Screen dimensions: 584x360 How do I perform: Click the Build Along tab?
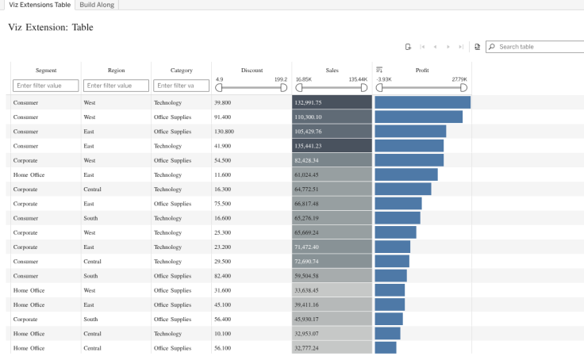coord(97,5)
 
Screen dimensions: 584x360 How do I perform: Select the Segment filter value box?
coord(46,86)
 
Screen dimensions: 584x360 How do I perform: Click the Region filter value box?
coord(116,86)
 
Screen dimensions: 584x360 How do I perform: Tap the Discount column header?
coord(252,70)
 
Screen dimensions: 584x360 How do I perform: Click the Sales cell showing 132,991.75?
coord(332,102)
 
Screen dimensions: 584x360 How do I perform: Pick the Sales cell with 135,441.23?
coord(332,146)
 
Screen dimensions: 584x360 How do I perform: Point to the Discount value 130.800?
coord(225,132)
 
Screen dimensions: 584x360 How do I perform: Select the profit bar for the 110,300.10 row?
coord(419,117)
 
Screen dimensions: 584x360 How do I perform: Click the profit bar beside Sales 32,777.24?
coord(386,348)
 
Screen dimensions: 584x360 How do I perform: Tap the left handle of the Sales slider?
coord(298,88)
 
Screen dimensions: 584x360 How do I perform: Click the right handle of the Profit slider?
coord(463,88)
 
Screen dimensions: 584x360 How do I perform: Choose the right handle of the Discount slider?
coord(284,88)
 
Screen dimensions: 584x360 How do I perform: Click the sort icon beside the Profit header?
coord(379,70)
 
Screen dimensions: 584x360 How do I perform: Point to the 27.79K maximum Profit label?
coord(459,79)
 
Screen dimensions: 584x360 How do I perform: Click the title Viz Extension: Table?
coord(51,27)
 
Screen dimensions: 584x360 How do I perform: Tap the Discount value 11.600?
coord(223,175)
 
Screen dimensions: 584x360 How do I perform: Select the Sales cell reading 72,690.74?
coord(332,262)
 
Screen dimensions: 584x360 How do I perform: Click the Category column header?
coord(182,70)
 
